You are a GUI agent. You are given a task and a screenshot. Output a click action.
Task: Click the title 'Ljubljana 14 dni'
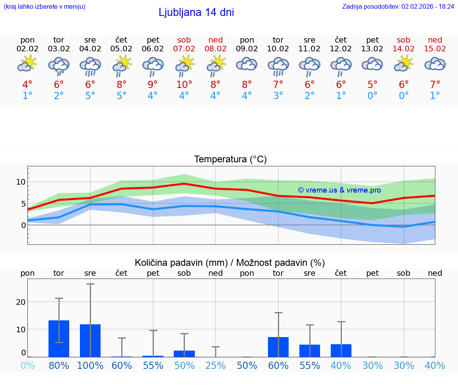(196, 12)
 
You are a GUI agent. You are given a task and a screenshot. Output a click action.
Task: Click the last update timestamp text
(398, 6)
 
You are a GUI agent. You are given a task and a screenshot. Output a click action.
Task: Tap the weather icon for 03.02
(59, 65)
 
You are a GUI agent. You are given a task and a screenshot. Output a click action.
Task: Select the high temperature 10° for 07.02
(184, 85)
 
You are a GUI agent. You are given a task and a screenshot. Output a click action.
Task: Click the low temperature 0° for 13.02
(373, 96)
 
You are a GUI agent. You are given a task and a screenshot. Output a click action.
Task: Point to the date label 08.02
(215, 49)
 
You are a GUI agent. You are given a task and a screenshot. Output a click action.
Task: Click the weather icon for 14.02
(404, 64)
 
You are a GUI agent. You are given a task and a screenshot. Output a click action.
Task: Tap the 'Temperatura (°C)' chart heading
(230, 159)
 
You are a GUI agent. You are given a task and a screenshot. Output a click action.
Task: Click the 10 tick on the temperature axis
(21, 182)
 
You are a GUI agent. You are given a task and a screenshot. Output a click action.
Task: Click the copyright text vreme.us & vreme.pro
(339, 190)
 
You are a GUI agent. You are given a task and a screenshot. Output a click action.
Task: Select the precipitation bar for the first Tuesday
(59, 339)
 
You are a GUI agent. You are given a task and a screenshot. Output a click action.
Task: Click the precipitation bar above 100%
(90, 341)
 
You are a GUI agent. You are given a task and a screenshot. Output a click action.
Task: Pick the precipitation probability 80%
(59, 365)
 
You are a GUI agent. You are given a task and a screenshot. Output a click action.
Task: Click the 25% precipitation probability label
(215, 365)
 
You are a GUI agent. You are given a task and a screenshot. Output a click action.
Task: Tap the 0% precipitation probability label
(27, 365)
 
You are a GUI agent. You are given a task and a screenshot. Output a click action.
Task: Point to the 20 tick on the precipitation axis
(21, 302)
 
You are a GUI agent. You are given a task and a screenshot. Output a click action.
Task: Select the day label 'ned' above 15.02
(435, 40)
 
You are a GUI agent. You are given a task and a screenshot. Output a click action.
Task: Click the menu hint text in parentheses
(45, 6)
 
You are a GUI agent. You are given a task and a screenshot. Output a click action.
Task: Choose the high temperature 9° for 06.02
(153, 85)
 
